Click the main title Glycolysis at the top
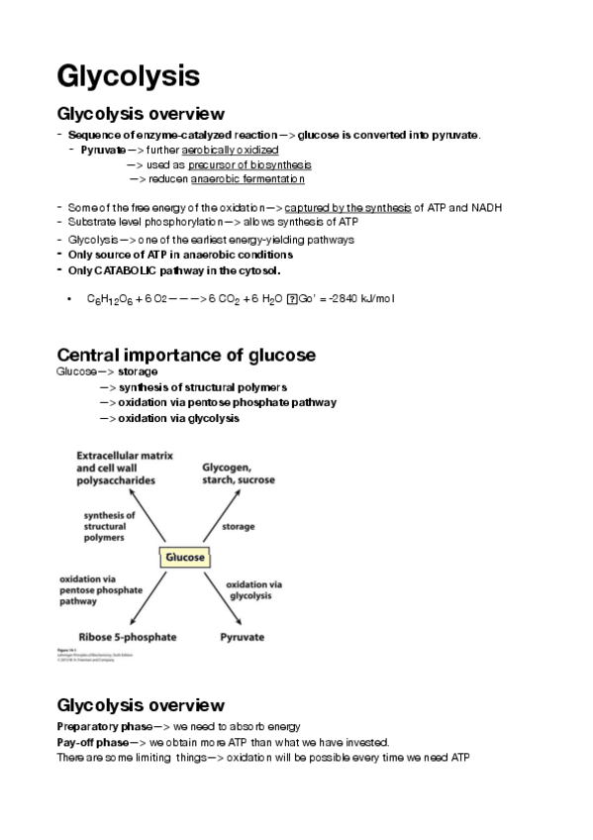pos(129,75)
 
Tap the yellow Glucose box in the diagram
pos(185,558)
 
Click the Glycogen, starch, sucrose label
pos(240,472)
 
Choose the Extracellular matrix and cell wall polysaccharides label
pos(124,468)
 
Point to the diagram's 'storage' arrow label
pos(238,527)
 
